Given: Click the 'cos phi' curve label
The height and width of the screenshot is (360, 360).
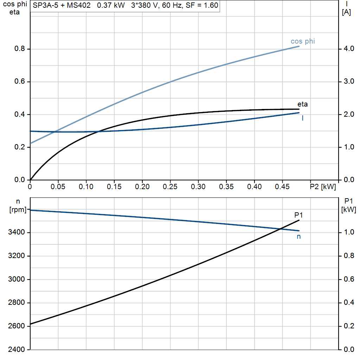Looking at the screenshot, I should coord(303,41).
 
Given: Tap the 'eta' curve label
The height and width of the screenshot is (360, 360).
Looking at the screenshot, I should coord(302,104).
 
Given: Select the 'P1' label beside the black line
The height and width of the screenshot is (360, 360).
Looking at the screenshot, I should coord(298,215).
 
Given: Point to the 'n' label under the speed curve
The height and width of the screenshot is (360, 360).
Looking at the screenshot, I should coord(299,237).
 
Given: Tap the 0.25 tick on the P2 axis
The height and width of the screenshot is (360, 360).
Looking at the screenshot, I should coord(170,186).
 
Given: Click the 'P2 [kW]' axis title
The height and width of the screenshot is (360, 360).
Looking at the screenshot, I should coord(323,186).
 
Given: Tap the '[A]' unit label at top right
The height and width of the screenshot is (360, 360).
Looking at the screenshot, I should coord(347,12).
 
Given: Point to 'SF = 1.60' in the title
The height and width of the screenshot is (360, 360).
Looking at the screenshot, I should coord(202,6).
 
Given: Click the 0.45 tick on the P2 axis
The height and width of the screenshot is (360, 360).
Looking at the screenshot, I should coord(282,186).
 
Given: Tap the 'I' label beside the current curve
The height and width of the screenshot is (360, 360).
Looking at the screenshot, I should coord(303,118).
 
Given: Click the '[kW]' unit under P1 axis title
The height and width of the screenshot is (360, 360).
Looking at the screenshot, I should coord(349,210).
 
